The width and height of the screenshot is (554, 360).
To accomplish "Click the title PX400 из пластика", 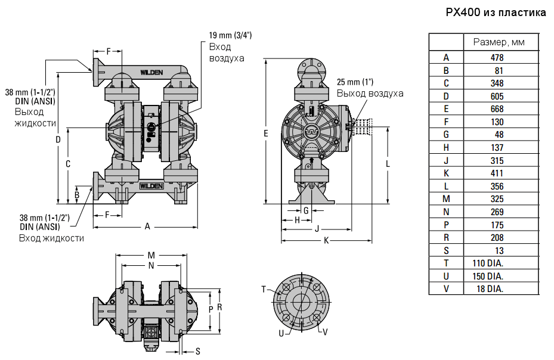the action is click(x=496, y=13).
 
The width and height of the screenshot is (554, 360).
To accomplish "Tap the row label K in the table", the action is click(x=446, y=173).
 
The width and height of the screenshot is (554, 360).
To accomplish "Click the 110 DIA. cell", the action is click(x=488, y=263).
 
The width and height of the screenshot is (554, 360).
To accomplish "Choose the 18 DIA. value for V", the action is click(x=491, y=289).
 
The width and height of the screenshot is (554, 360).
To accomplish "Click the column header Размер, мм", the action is click(x=500, y=42).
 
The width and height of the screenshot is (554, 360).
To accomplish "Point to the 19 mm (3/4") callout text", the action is click(x=230, y=35).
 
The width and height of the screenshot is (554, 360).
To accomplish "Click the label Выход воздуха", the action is click(x=370, y=94).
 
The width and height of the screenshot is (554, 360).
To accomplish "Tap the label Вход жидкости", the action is click(x=51, y=238).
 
